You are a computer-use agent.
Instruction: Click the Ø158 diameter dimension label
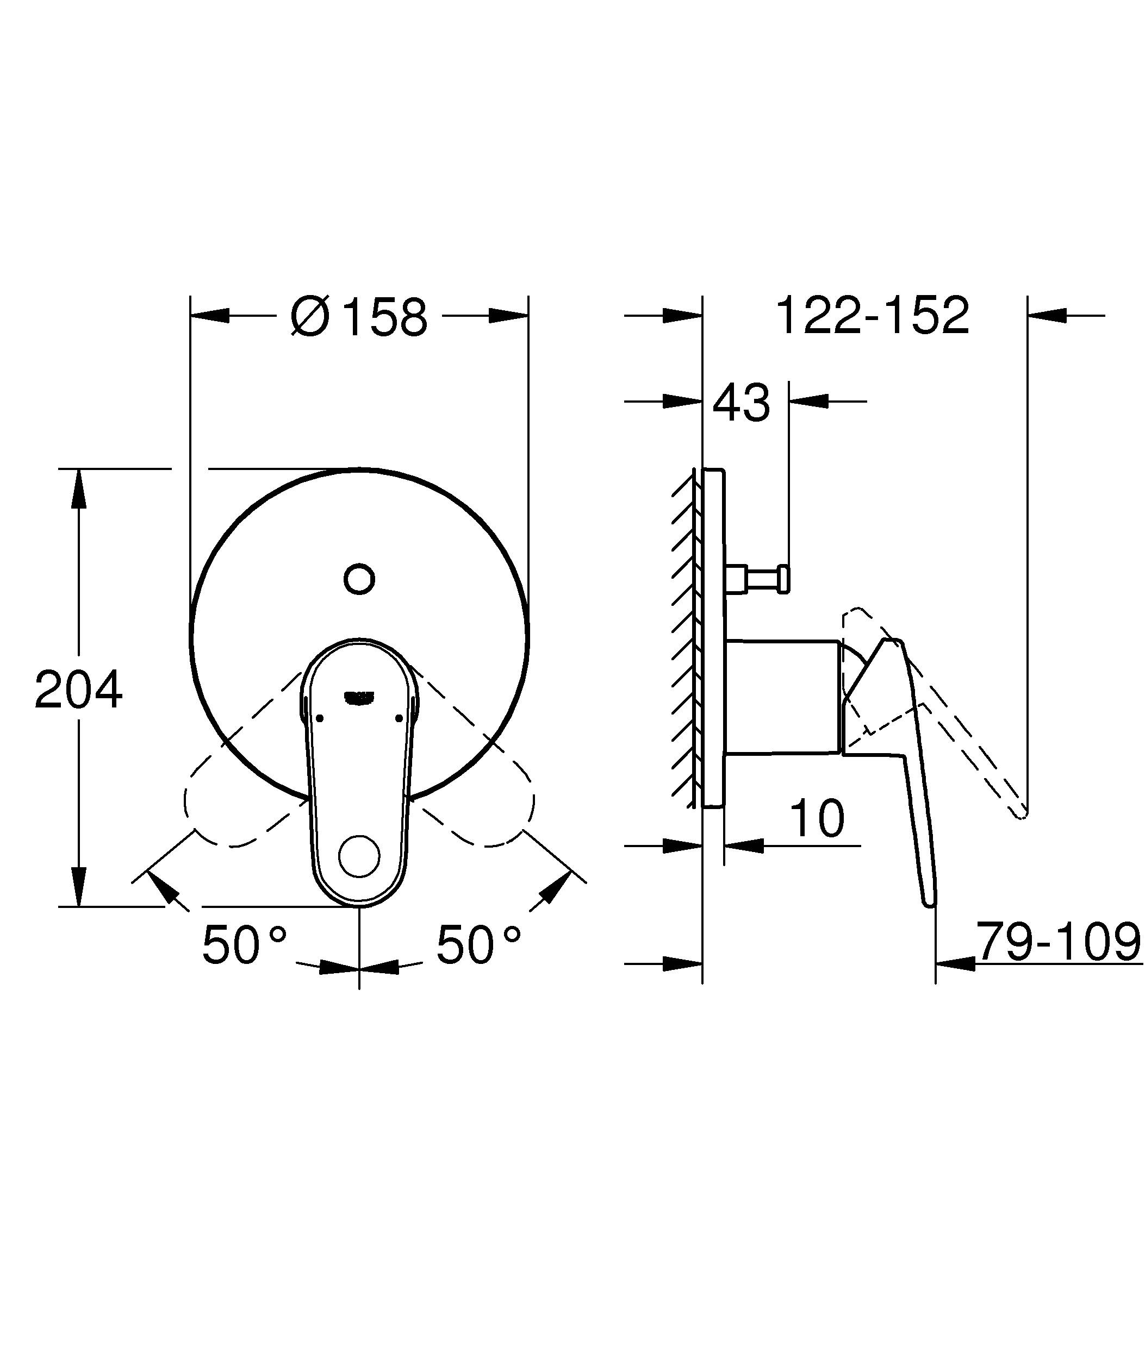(359, 317)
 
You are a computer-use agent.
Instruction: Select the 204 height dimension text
(78, 690)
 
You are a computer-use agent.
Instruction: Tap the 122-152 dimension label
(872, 316)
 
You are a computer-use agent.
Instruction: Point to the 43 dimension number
(740, 403)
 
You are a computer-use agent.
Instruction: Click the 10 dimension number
(817, 819)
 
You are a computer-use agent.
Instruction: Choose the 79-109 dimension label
(1058, 943)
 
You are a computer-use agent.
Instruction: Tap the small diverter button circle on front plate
(359, 579)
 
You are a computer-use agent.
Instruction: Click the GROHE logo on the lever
(359, 698)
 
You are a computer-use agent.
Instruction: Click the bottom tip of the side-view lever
(929, 904)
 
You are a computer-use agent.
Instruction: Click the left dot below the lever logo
(320, 718)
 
